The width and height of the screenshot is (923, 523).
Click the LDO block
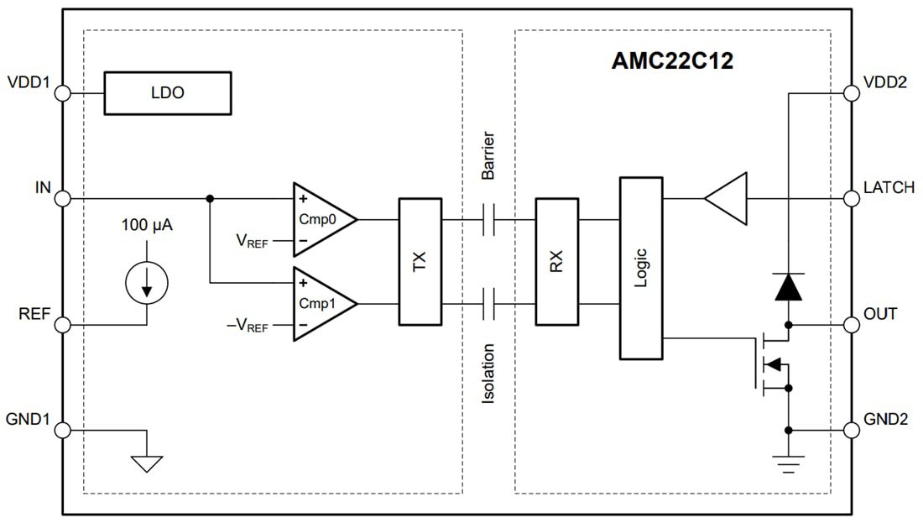point(167,92)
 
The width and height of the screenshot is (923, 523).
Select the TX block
point(420,261)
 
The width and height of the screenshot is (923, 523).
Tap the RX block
point(556,261)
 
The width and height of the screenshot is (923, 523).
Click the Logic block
point(641,268)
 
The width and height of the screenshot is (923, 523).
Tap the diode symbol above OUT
point(788,287)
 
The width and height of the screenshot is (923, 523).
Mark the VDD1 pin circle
point(62,92)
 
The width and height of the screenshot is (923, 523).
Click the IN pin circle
point(62,199)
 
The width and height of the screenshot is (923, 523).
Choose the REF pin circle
point(62,324)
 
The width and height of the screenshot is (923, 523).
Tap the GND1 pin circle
point(62,430)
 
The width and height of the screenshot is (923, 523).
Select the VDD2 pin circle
point(852,92)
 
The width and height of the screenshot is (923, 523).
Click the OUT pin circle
point(852,324)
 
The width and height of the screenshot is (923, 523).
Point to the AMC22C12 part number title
point(671,61)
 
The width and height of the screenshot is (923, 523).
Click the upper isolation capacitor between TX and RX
point(489,220)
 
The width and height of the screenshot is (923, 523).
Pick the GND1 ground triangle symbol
point(147,461)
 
